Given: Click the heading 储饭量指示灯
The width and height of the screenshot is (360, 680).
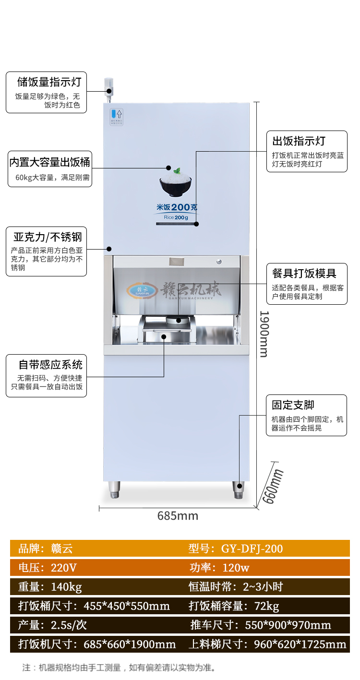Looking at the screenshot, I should tap(49, 82).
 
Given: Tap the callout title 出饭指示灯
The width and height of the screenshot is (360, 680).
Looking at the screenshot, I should tap(299, 141).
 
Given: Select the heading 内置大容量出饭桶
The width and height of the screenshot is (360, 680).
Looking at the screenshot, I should tap(50, 162).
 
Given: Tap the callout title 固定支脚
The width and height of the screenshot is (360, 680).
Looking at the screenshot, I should tap(293, 405).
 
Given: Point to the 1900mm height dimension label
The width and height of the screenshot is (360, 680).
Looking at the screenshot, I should tap(264, 334).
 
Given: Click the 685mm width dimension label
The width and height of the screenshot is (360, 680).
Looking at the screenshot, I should tap(178, 516).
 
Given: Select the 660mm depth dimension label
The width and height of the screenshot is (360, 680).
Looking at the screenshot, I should tap(272, 486).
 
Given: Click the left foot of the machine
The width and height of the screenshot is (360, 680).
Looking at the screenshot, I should tap(114, 489).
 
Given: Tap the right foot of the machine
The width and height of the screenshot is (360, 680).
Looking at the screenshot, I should tap(239, 489).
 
